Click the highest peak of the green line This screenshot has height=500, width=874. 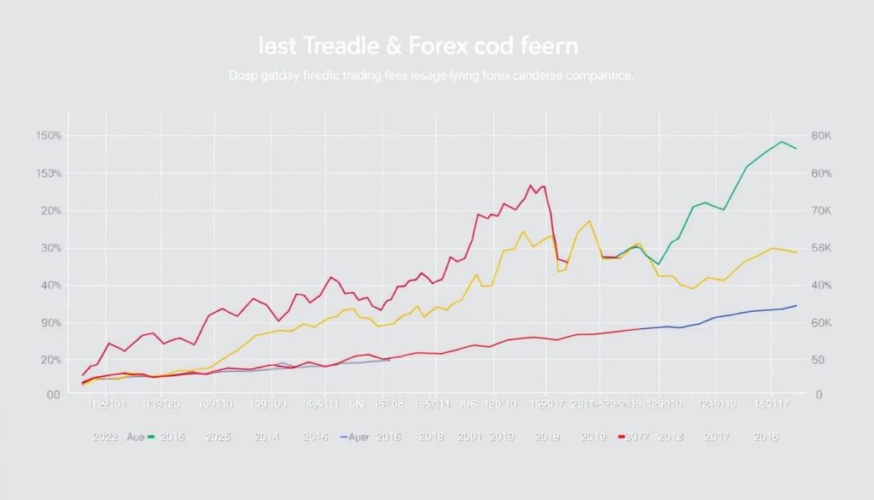[781, 142]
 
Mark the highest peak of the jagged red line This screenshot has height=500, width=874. [531, 185]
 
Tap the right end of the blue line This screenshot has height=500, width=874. [796, 305]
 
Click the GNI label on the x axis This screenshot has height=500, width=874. [358, 403]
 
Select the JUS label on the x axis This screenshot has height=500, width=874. [467, 403]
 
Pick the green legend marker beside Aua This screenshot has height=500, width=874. [151, 437]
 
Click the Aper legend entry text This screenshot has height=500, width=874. [361, 437]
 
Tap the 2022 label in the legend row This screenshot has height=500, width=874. [106, 437]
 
